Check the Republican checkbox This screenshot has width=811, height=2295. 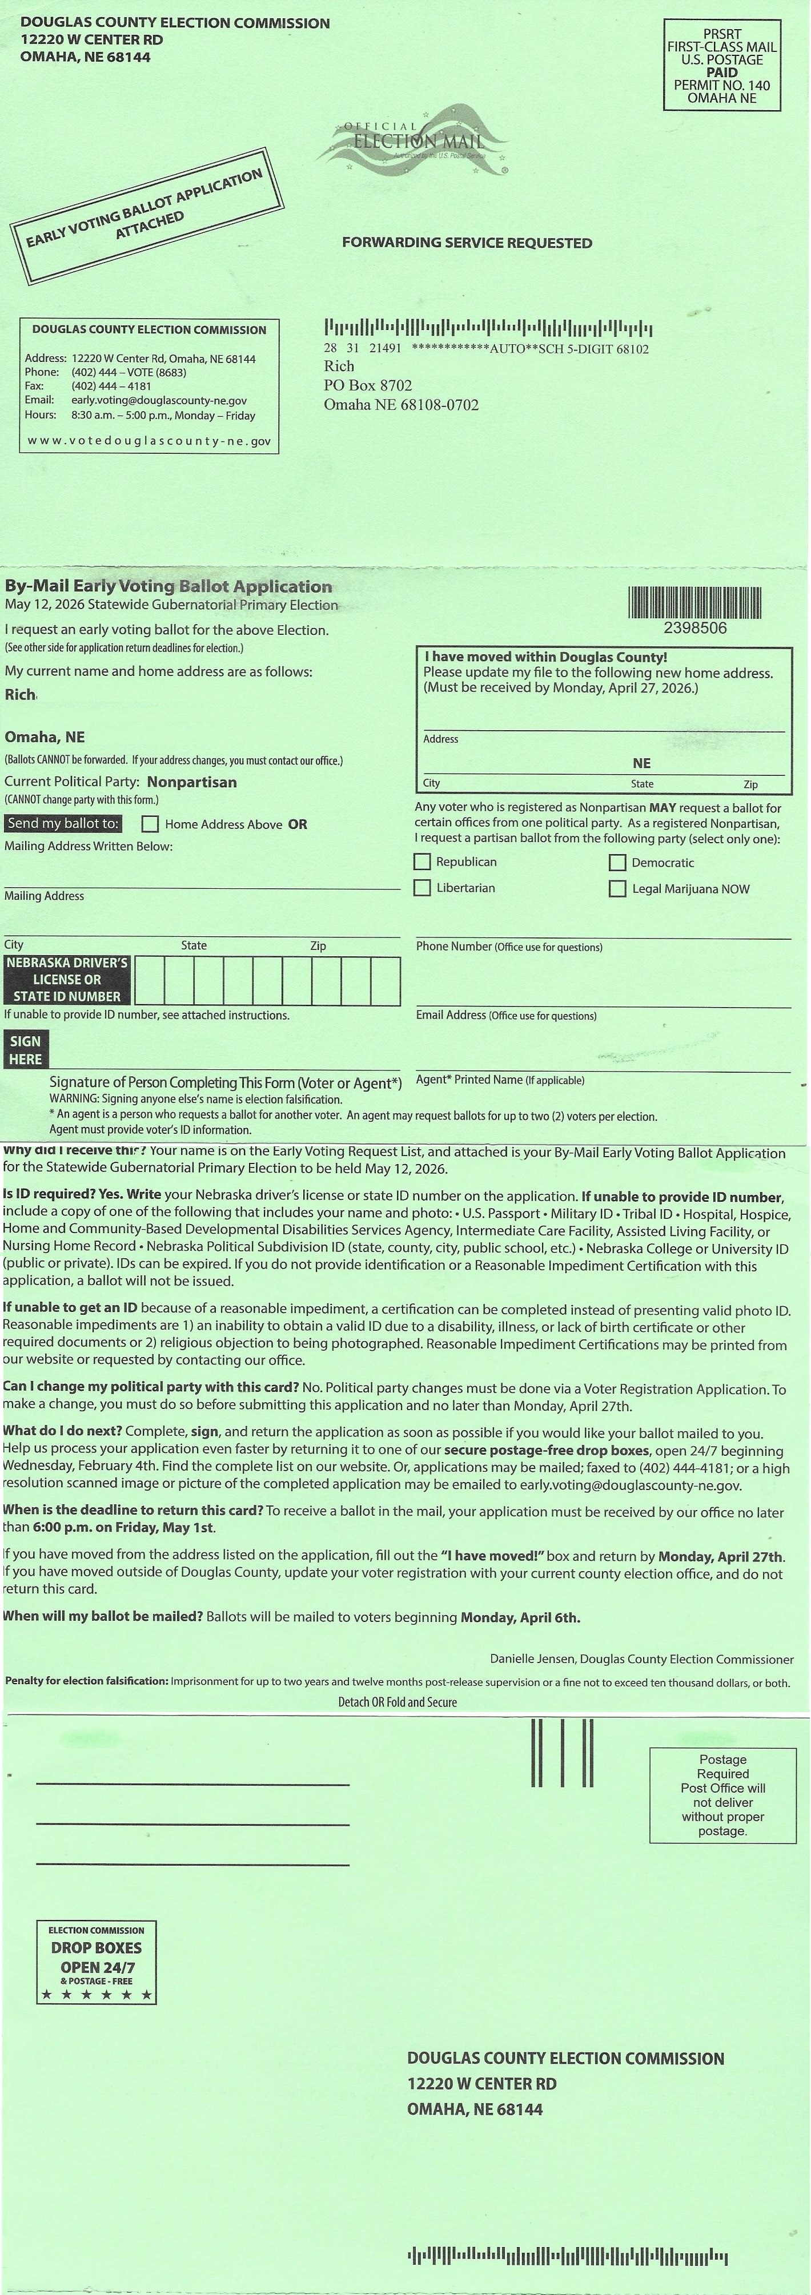pos(423,861)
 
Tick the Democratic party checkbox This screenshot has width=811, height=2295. pos(617,863)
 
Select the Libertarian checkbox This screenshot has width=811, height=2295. pos(423,887)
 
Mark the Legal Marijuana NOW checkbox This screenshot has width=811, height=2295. pos(617,888)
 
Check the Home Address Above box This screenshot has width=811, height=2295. pos(150,824)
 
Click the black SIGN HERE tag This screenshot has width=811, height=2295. pos(26,1049)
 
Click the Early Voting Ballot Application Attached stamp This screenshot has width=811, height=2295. pos(147,215)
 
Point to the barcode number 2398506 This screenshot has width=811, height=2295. pos(695,628)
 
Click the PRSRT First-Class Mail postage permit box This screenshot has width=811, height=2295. pos(722,66)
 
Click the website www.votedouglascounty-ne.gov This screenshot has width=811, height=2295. pos(150,441)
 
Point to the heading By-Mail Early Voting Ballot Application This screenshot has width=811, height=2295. pos(169,586)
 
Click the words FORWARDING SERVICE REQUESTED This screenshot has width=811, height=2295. pos(467,242)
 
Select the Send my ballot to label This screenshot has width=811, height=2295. pos(63,823)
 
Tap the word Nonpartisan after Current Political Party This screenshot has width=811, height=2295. pos(191,782)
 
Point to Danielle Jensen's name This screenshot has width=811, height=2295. pos(532,1659)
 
